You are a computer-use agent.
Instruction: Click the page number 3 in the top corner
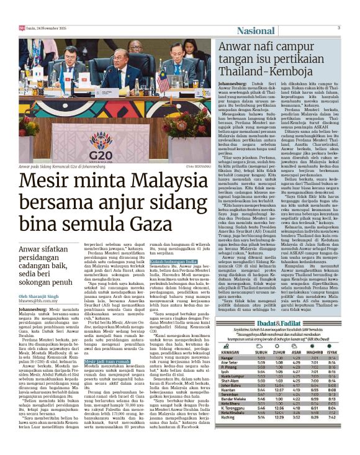coord(339,27)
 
